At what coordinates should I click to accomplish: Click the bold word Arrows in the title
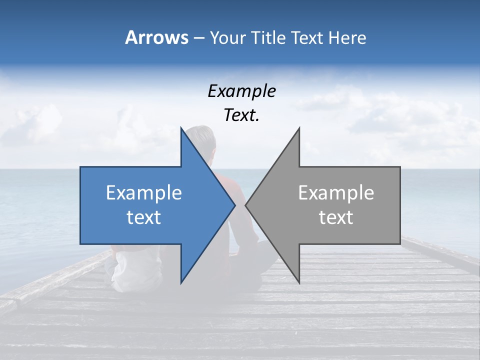[x=157, y=37]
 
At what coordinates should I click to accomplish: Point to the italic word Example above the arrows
[x=241, y=91]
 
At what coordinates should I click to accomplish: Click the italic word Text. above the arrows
[x=241, y=115]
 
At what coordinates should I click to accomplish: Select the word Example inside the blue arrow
[x=144, y=193]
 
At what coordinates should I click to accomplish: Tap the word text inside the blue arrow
[x=144, y=217]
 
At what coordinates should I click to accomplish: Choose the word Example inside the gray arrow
[x=336, y=193]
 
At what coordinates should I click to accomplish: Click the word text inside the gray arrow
[x=336, y=217]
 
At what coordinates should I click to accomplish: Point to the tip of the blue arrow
[x=235, y=205]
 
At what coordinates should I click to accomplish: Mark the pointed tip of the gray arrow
[x=245, y=205]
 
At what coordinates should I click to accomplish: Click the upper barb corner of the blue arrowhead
[x=181, y=127]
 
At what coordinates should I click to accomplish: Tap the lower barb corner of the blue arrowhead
[x=181, y=283]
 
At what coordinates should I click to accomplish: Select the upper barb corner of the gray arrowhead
[x=299, y=127]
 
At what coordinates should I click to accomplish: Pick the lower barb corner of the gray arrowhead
[x=299, y=283]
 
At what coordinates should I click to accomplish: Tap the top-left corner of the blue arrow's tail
[x=80, y=167]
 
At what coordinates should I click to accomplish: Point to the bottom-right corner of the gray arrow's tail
[x=400, y=244]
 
